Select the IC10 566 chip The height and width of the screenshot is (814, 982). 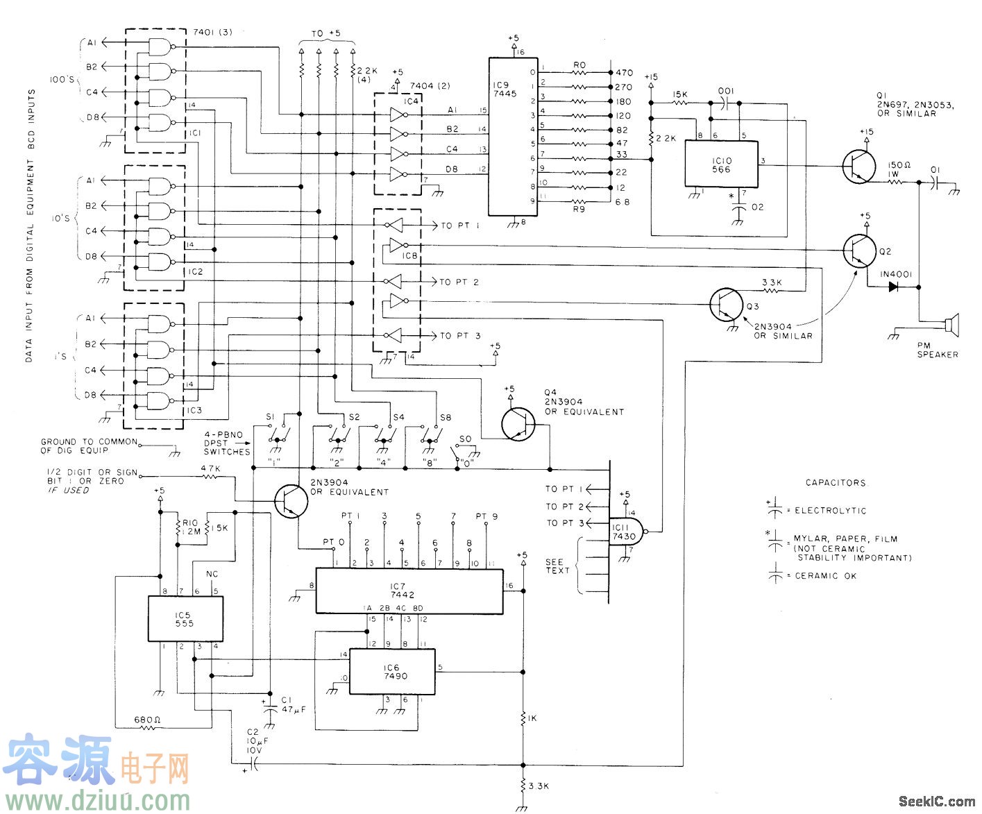tap(721, 164)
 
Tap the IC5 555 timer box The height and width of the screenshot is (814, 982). tap(185, 618)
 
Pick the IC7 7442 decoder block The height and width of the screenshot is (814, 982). tap(409, 591)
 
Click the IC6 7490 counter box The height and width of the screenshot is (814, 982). tap(392, 672)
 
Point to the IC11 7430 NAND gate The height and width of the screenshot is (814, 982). tap(625, 532)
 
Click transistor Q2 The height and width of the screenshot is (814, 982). tap(859, 251)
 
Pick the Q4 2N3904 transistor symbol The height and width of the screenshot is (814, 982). tap(518, 423)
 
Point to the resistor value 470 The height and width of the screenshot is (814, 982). tap(624, 72)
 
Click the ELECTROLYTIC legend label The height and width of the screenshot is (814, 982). tap(830, 511)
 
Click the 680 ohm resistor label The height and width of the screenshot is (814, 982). tap(147, 720)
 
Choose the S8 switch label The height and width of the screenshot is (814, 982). tap(445, 418)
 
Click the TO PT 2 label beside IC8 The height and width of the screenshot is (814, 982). tap(459, 282)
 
